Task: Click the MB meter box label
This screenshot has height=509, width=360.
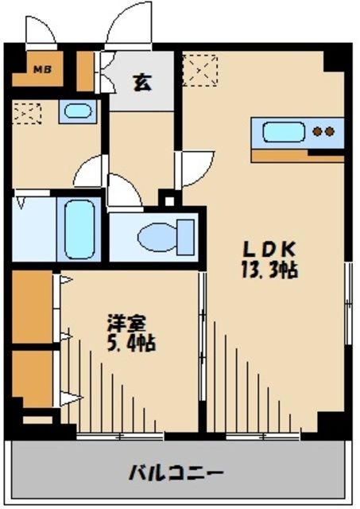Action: [39, 69]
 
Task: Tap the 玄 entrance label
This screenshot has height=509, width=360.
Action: [141, 81]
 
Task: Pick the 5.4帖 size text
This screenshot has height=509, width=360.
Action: [130, 345]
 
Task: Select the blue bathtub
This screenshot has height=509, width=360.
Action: [80, 228]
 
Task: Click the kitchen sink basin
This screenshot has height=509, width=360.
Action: [285, 132]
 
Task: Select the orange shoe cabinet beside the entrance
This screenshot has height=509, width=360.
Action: [85, 72]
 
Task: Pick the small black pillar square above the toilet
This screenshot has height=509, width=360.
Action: [167, 199]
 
